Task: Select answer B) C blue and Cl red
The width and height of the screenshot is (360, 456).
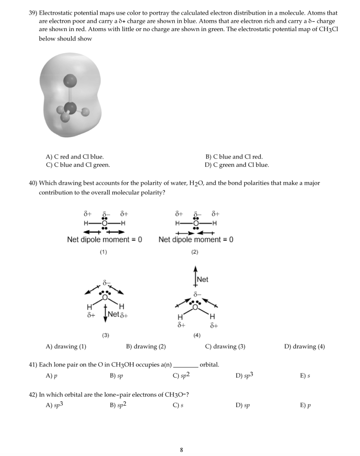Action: [x=234, y=157]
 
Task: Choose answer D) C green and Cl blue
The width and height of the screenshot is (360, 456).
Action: [x=237, y=165]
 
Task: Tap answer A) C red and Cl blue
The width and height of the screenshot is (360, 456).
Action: [x=75, y=157]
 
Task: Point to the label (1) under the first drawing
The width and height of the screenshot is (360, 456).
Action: [x=103, y=252]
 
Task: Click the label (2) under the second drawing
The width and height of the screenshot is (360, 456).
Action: [x=195, y=252]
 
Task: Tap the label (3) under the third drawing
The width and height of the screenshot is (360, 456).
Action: [x=106, y=335]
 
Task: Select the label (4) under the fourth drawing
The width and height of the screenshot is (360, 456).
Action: [x=197, y=335]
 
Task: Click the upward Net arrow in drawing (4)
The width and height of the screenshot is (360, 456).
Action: [x=195, y=277]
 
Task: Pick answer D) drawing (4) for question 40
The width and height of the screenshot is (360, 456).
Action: [x=304, y=346]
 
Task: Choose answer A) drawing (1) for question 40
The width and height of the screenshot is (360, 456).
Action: [x=66, y=346]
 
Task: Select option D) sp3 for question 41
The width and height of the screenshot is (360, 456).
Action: [x=244, y=376]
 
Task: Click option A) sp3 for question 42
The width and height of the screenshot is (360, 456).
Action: [x=54, y=405]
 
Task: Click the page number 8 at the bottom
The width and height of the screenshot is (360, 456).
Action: [x=181, y=450]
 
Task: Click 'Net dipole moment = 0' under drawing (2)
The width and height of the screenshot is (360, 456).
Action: [x=196, y=240]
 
